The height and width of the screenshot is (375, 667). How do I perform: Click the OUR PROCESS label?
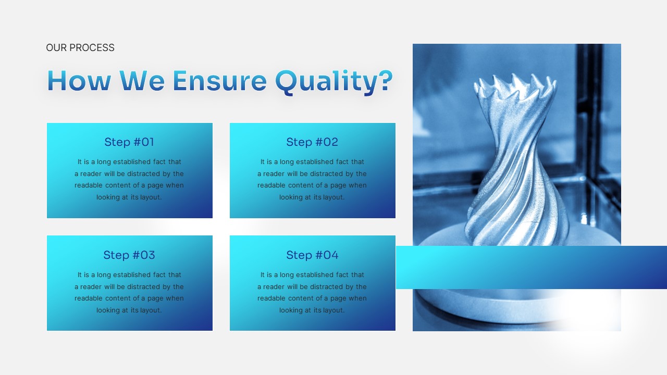80,48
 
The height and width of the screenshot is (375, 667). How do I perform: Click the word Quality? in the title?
333,81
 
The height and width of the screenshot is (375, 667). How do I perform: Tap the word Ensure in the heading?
219,81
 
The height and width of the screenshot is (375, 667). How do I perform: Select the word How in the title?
79,81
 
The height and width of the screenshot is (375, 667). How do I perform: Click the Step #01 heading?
129,142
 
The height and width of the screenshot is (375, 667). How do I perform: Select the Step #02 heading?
312,142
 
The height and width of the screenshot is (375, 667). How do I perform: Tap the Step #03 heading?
129,255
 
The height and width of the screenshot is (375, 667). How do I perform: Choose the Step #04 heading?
312,255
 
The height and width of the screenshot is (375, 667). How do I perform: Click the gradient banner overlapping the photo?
532,267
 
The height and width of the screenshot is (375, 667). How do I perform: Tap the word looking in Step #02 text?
291,197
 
